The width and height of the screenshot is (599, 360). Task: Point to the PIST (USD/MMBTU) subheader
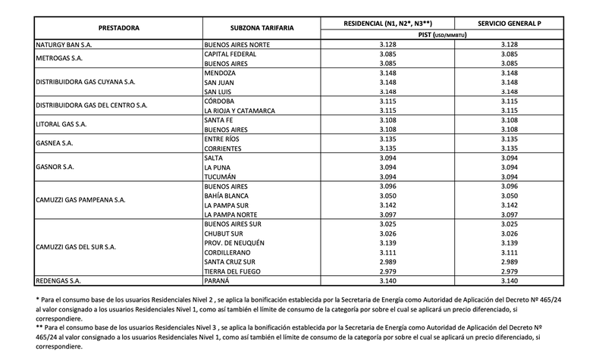tap(441, 34)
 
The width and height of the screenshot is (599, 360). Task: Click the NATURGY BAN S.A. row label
tap(68, 45)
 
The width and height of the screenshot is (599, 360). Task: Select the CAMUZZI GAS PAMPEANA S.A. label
tap(83, 201)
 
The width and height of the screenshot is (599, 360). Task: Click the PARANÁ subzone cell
tap(219, 280)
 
